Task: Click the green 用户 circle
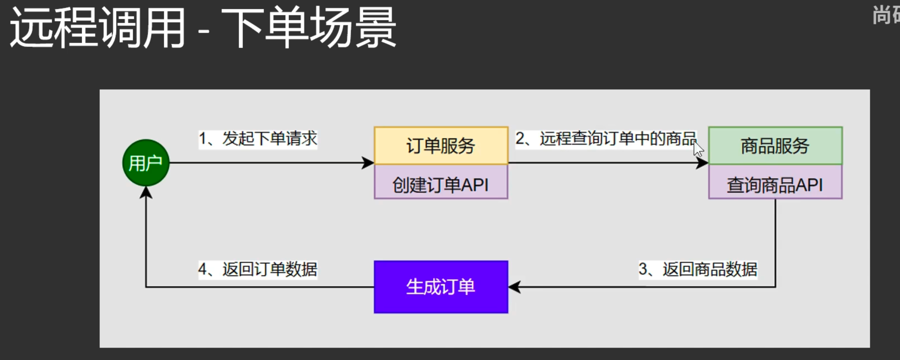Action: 146,163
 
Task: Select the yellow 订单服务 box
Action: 441,145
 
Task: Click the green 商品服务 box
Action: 775,145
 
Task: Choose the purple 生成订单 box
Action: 441,287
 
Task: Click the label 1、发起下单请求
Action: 258,139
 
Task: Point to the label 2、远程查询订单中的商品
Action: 606,139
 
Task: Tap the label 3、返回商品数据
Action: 697,269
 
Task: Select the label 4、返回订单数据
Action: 258,269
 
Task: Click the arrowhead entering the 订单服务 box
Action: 368,163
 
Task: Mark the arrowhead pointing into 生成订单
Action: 515,287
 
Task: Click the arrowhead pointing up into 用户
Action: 146,192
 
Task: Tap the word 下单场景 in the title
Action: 308,28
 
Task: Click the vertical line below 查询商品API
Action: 775,240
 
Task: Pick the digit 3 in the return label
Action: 643,269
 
